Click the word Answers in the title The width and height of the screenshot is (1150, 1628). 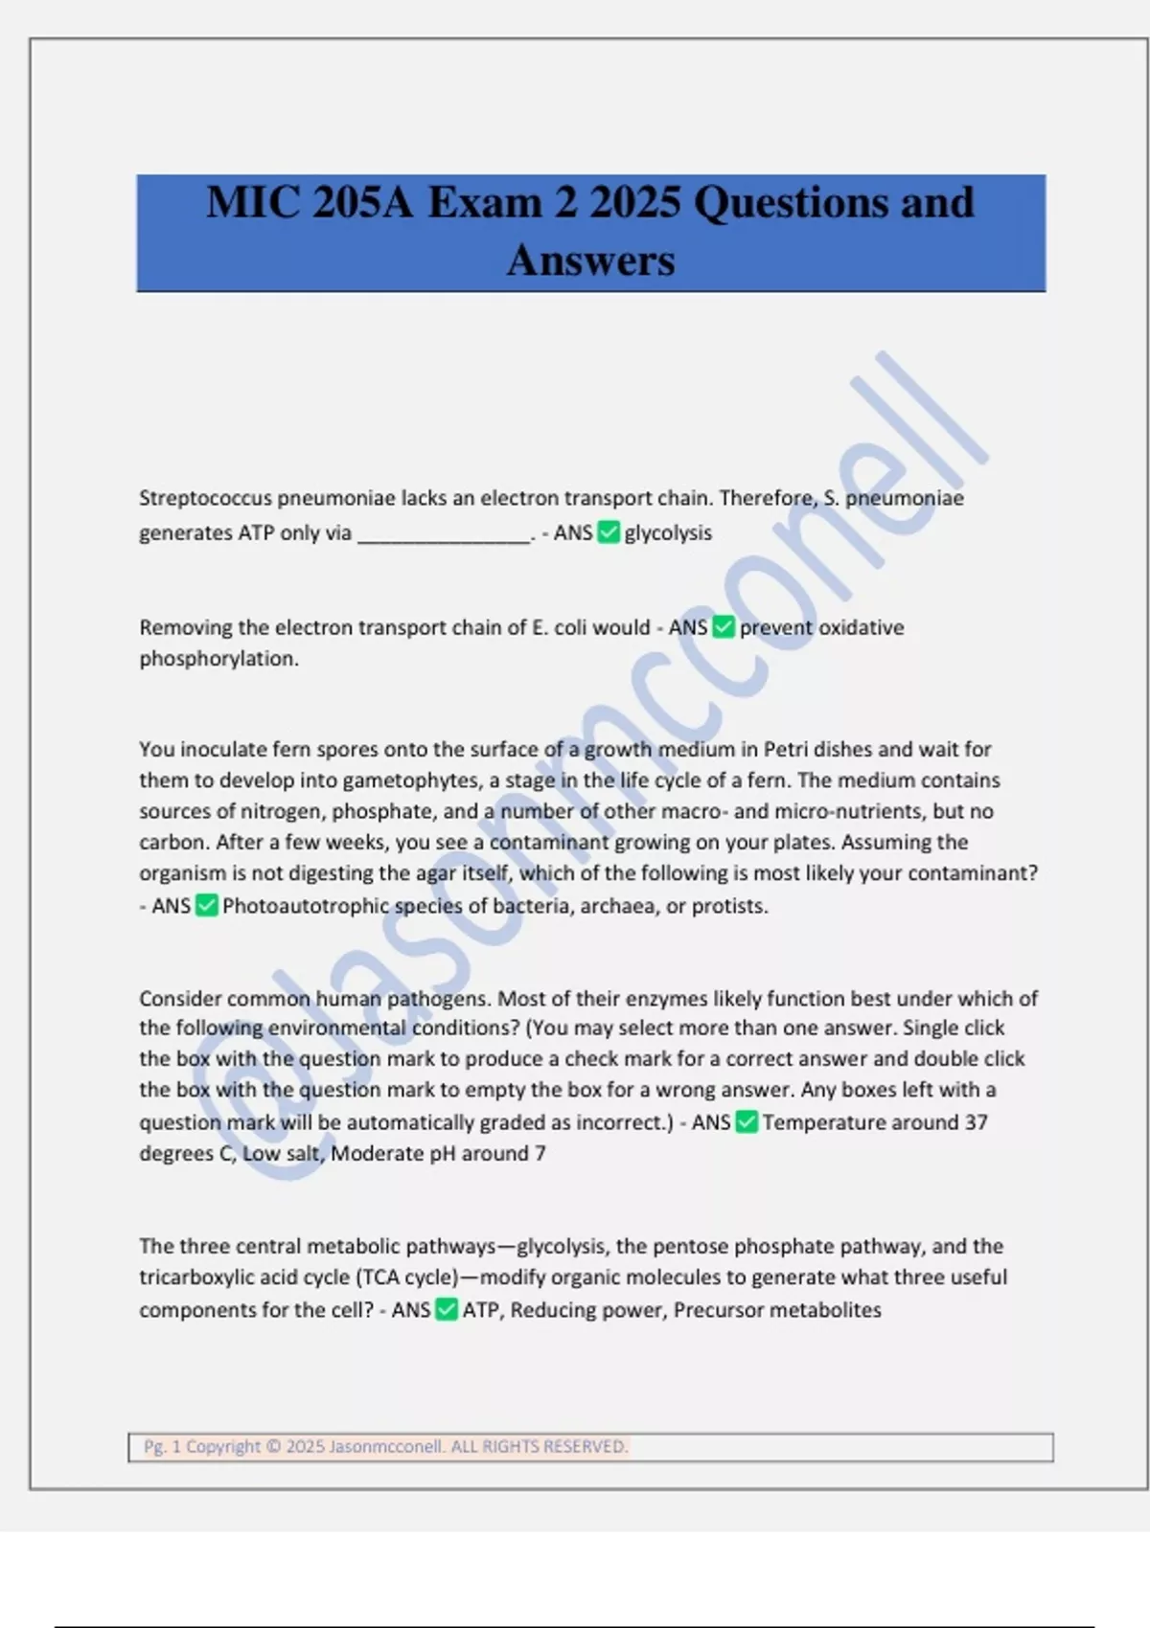point(590,260)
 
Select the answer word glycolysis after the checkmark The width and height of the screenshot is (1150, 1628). point(668,532)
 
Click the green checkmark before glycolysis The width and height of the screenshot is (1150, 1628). point(609,532)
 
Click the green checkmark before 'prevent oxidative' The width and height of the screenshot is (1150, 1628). point(724,627)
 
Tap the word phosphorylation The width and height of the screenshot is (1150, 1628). point(218,659)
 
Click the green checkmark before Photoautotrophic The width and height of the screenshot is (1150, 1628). point(207,906)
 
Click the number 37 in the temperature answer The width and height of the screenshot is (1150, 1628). point(976,1122)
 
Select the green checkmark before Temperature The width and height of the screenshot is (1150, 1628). point(747,1122)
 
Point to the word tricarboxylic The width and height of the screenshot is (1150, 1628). point(198,1278)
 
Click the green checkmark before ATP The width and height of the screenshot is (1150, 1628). point(447,1310)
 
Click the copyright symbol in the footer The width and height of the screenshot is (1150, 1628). point(273,1447)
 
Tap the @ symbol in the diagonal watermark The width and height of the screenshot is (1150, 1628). point(287,1101)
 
